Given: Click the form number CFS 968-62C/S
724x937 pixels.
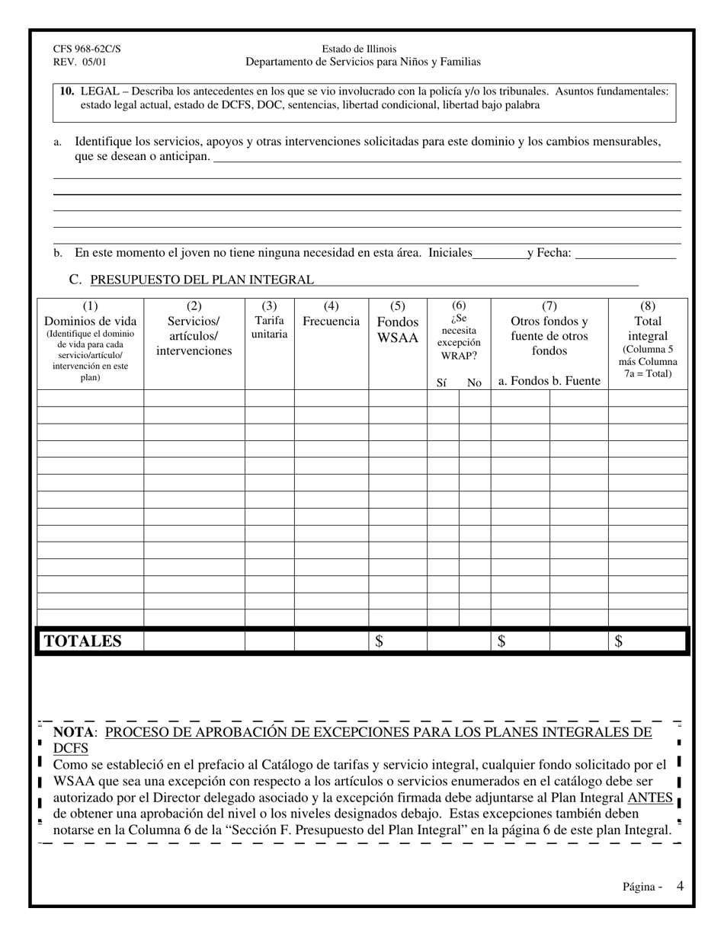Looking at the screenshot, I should pos(86,49).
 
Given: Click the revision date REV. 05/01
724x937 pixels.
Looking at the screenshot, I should pos(80,62).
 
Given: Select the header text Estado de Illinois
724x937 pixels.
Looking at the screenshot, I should pos(359,49).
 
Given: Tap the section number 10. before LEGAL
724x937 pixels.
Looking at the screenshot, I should pos(67,91).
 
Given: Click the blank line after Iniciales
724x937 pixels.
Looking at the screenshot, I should pos(499,253).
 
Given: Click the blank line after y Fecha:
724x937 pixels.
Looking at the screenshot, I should pos(625,253).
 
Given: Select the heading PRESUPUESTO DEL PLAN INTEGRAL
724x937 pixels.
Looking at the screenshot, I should pos(201,280).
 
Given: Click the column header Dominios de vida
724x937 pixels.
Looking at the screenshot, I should pos(90,321).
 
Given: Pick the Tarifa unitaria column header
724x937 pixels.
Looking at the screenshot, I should pos(269,328).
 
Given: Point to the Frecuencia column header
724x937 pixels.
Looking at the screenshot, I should pos(331,321).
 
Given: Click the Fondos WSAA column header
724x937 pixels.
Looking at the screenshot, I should pos(398,329).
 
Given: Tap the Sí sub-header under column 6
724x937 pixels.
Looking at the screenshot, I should pos(441,382).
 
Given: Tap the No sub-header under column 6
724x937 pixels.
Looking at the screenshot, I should pos(474,382).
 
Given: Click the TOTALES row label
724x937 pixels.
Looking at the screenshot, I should pos(83,641).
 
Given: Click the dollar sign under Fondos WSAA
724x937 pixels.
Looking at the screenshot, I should pos(380,641).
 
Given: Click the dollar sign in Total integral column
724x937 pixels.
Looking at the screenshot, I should pos(618,641).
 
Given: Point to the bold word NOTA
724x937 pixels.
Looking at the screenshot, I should pos(73,733).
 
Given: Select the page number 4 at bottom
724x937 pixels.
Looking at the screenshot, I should pos(679,886).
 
